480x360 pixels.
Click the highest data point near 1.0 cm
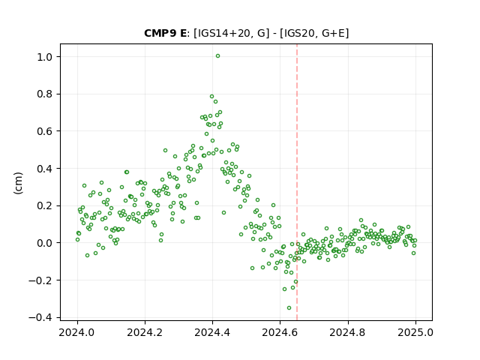coord(217,56)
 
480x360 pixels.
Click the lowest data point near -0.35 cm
coord(289,308)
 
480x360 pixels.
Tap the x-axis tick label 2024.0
coord(77,332)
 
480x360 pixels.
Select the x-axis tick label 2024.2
coord(145,332)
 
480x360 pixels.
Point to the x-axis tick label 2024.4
coord(212,332)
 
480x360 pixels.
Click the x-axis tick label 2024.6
coord(280,332)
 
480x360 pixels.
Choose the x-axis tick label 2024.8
coord(347,332)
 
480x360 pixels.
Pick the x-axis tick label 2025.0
coord(415,332)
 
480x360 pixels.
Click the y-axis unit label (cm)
coord(18,183)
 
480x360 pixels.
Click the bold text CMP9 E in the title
coord(165,33)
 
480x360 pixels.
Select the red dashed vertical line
coord(297,182)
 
